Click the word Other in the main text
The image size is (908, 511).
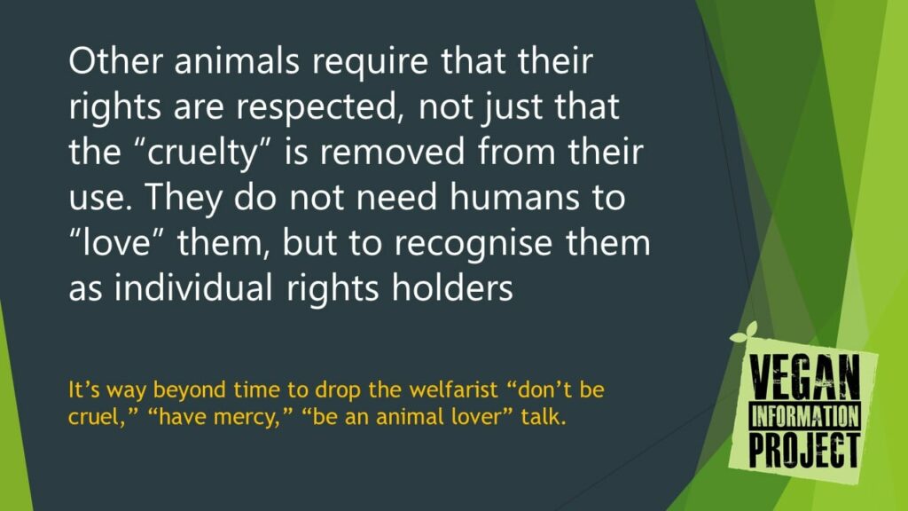[115, 60]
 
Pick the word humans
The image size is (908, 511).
[513, 197]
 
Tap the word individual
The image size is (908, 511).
[193, 287]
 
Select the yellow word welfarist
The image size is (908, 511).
[453, 389]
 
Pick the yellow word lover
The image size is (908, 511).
[468, 417]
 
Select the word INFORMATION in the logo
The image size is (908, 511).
[805, 417]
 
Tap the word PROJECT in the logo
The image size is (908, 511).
[803, 449]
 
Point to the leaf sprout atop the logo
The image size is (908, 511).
[744, 333]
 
